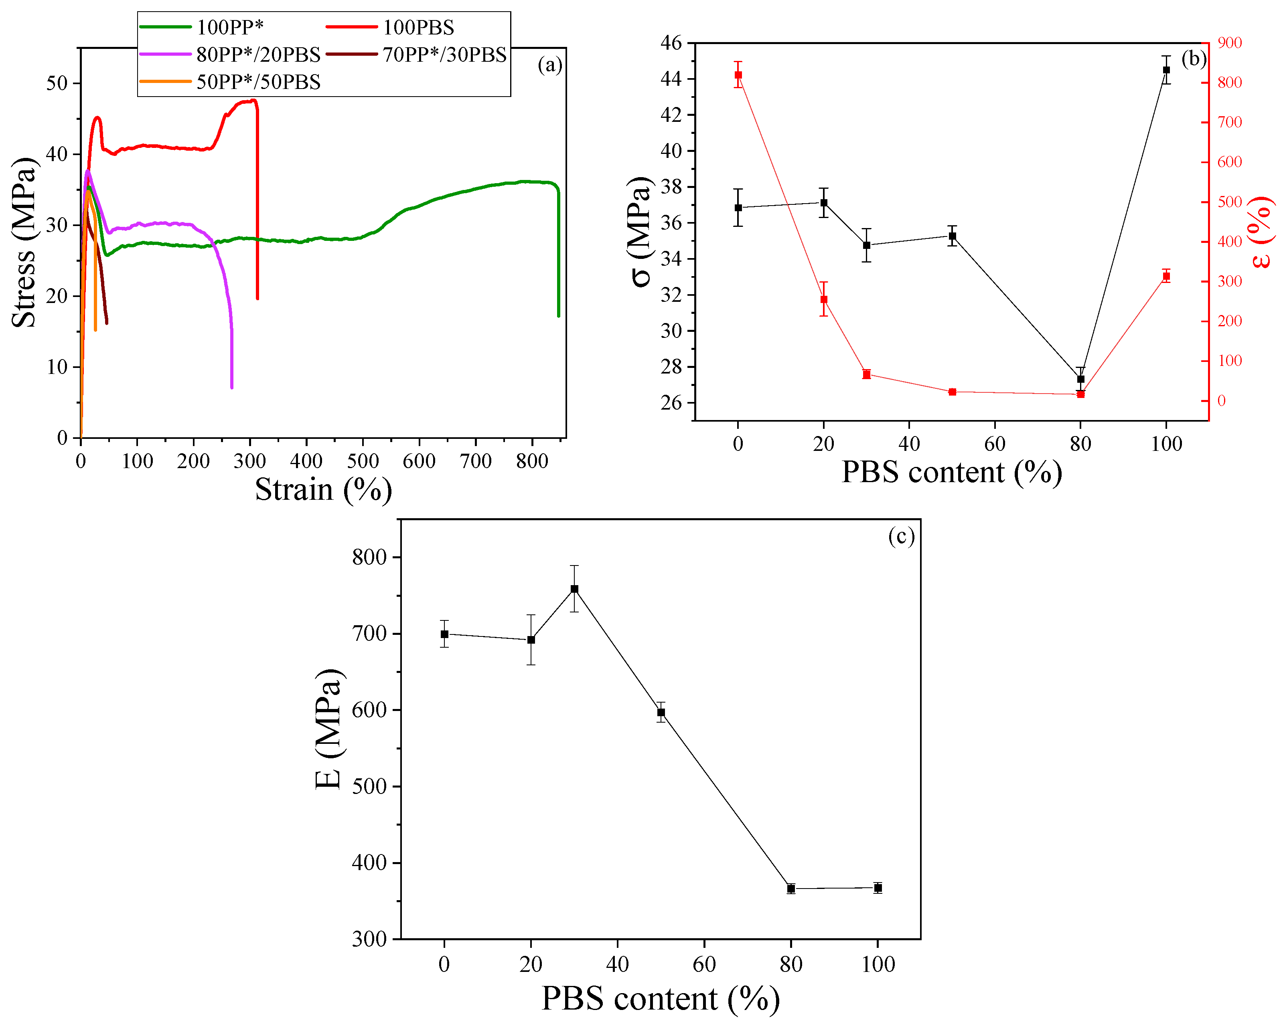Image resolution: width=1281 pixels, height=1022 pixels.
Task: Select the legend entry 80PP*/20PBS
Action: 258,55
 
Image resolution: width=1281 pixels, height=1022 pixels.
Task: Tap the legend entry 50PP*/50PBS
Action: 258,82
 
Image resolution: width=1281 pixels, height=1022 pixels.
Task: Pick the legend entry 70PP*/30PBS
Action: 444,55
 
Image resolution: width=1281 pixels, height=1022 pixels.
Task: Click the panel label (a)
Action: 549,65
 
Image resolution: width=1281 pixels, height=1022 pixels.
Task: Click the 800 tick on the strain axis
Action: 532,461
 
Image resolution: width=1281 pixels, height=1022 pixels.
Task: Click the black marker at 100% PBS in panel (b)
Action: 1166,70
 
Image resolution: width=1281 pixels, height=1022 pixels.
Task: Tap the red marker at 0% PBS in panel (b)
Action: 738,75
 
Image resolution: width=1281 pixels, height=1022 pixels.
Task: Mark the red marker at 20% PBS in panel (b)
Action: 823,299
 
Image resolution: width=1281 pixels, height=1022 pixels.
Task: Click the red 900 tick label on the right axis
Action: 1229,43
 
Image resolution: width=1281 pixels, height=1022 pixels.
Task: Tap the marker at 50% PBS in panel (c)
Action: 661,712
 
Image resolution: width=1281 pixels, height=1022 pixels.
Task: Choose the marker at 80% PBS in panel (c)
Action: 791,889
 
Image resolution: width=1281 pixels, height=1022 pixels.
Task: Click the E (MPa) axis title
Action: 328,729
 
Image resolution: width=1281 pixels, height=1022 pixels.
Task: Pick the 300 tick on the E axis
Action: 369,939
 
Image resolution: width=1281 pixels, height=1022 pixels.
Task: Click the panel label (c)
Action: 901,536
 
